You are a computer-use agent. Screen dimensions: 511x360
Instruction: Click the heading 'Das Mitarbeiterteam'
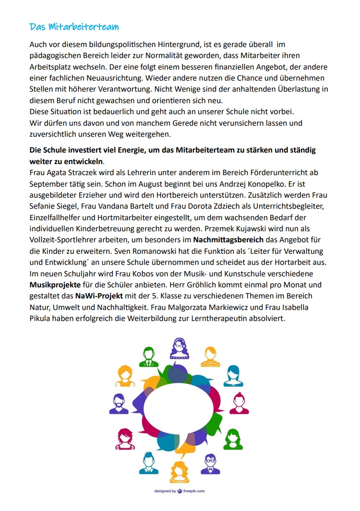74,26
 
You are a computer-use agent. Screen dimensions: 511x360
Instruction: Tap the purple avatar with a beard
119,404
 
